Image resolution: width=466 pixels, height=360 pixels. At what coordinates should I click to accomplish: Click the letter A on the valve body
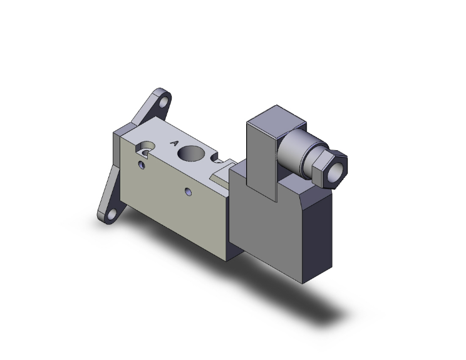[x=175, y=143]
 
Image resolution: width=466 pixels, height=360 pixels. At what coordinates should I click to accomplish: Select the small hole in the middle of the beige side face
[x=187, y=190]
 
